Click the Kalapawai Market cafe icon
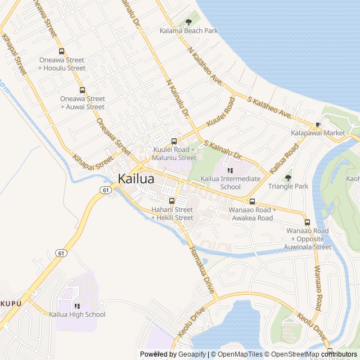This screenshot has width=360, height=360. (x=318, y=124)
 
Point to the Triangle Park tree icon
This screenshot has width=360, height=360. (x=288, y=178)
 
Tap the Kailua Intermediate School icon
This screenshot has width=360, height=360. (x=230, y=170)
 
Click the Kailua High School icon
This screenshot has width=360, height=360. (x=77, y=306)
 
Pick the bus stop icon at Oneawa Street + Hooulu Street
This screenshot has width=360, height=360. (x=61, y=51)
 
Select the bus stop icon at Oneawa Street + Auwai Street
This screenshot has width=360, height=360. (x=82, y=90)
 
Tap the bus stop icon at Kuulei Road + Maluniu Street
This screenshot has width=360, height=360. (x=174, y=141)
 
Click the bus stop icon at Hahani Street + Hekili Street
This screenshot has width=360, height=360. (x=172, y=201)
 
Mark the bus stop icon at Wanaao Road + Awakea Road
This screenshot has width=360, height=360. (x=251, y=201)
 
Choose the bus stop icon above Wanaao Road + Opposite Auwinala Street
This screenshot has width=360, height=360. (x=307, y=222)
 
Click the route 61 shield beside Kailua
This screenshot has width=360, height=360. (x=106, y=190)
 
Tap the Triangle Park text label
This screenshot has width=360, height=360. (x=288, y=186)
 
